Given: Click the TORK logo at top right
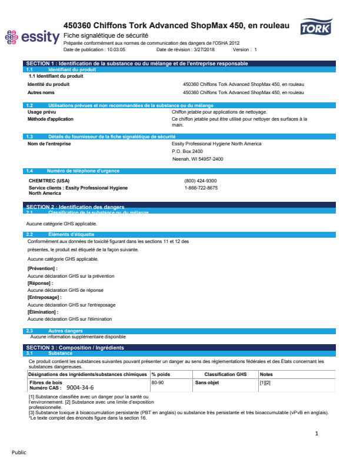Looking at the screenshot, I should point(316,28).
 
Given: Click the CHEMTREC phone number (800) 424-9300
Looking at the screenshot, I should point(201,181).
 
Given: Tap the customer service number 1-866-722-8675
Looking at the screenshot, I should point(201,188).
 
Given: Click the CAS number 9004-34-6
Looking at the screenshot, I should point(80,388).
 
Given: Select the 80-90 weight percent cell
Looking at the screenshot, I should point(157,382).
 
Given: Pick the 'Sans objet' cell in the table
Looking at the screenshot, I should point(207,382).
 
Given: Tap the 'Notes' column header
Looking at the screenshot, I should point(266,374).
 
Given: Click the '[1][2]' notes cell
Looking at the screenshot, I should point(265,382).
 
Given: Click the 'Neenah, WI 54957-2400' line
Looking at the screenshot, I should point(198,159).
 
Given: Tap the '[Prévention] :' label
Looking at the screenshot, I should point(43,268).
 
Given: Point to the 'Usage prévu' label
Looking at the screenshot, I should point(42,111).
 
